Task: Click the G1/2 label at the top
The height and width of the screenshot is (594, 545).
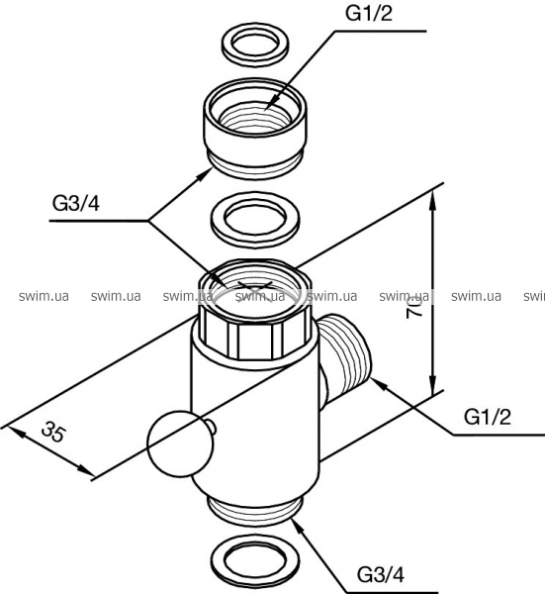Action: coord(368,14)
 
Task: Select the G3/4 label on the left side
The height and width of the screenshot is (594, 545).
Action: coord(76,205)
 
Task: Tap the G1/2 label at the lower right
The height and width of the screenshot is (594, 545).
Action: coord(488,418)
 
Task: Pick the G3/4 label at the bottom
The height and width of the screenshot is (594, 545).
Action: coord(381,575)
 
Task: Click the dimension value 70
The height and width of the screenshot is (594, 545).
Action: coord(414,308)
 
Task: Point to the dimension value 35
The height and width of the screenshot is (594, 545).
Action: coord(53,432)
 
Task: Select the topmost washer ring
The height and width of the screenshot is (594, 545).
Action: coord(255,48)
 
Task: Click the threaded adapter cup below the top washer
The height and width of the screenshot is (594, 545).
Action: coord(255,129)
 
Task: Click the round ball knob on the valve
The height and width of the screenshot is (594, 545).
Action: coord(177,444)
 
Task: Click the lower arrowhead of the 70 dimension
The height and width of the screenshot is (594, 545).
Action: coord(433,383)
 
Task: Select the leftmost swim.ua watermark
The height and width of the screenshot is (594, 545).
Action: coord(44,295)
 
